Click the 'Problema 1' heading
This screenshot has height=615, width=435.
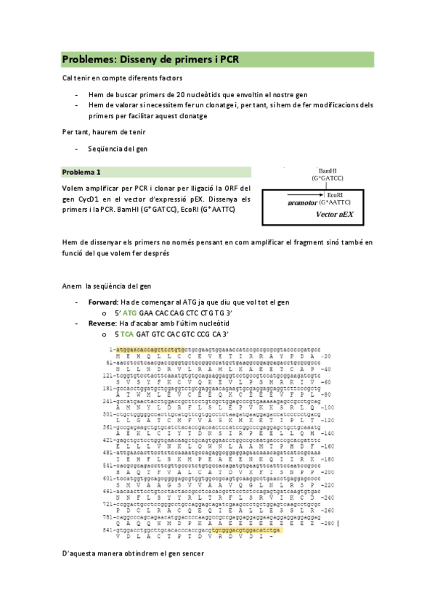(81, 173)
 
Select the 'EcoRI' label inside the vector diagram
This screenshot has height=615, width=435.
(334, 195)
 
